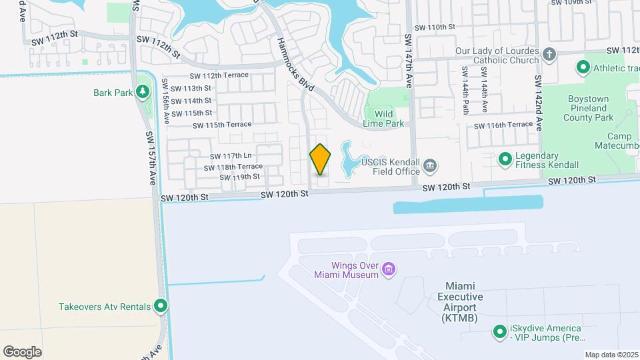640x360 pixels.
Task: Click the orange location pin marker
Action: pyautogui.click(x=320, y=159)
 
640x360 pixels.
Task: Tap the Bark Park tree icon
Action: pyautogui.click(x=143, y=92)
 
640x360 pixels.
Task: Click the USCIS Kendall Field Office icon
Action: pyautogui.click(x=430, y=164)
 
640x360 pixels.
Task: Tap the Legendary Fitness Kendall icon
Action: pyautogui.click(x=505, y=159)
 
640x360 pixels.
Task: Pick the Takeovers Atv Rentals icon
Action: pyautogui.click(x=161, y=307)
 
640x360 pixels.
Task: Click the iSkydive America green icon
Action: pyautogui.click(x=499, y=331)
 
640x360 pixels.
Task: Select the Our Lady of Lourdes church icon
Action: pyautogui.click(x=549, y=55)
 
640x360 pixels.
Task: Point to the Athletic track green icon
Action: pyautogui.click(x=583, y=67)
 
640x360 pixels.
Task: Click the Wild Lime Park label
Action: pyautogui.click(x=384, y=119)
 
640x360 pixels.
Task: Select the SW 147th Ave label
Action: pyautogui.click(x=408, y=59)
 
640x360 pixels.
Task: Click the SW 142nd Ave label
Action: pyautogui.click(x=539, y=103)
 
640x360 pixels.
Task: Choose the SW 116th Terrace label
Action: pyautogui.click(x=503, y=125)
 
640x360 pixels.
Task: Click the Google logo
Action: pyautogui.click(x=22, y=352)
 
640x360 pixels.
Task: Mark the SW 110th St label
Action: pyautogui.click(x=434, y=27)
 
